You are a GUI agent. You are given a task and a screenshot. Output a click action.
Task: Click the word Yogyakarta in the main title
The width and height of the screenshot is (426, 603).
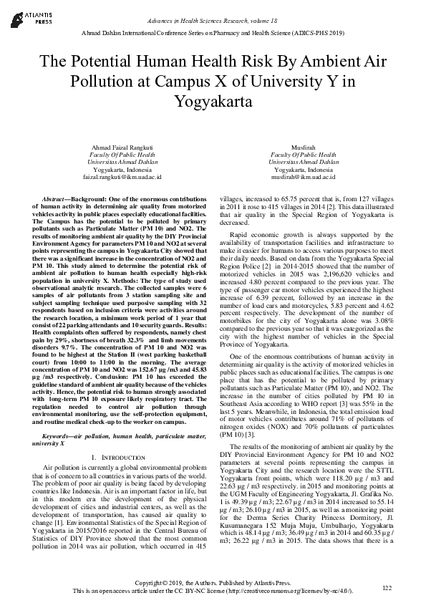tap(213, 102)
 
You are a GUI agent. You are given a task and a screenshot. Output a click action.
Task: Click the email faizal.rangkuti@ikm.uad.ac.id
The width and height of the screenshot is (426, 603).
tap(122, 176)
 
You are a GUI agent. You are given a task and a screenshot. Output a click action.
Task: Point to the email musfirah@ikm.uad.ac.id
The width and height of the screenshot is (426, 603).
tap(304, 176)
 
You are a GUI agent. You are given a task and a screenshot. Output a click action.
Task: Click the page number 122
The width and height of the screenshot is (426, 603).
tap(387, 588)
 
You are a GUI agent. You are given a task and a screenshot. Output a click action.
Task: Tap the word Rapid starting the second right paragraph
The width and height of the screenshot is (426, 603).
tap(260, 236)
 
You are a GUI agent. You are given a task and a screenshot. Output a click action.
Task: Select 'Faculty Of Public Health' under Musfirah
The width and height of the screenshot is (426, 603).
tap(304, 154)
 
